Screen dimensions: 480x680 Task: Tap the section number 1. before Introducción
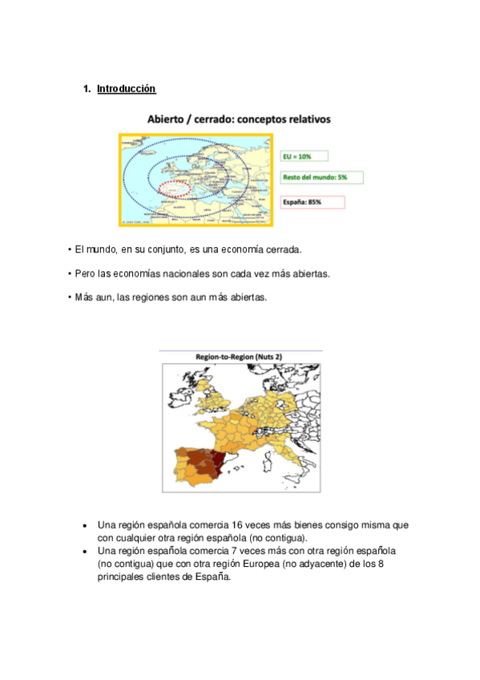click(87, 88)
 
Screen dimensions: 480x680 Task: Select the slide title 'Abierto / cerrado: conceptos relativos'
click(239, 119)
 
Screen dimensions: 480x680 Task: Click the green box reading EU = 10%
click(309, 157)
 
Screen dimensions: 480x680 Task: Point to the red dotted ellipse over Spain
click(174, 188)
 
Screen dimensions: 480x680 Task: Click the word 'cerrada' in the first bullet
click(281, 250)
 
